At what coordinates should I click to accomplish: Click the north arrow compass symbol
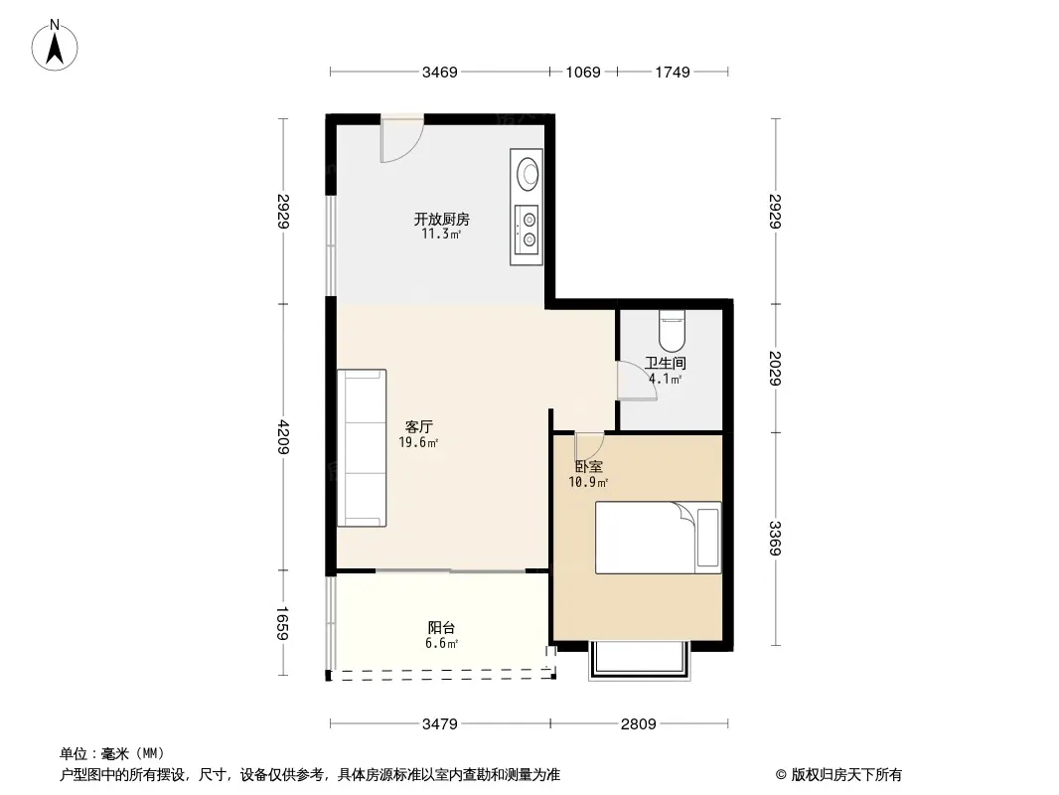pos(55,46)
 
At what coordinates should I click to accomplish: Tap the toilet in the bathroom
pos(672,328)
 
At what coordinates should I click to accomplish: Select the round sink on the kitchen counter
pos(528,172)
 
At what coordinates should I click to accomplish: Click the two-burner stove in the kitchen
pos(527,230)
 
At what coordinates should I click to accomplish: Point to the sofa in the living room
pos(362,448)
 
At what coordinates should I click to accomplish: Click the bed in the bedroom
pos(658,538)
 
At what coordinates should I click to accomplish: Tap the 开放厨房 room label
pos(442,219)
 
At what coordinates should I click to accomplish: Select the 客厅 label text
pos(419,427)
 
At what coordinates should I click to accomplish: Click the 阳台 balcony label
pos(442,627)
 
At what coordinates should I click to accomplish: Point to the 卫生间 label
pos(666,363)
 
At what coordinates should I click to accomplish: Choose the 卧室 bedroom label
pos(589,466)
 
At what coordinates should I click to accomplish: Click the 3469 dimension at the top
pos(440,72)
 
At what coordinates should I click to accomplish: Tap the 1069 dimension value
pos(583,72)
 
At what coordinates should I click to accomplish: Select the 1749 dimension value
pos(673,72)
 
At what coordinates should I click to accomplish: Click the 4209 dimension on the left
pos(283,437)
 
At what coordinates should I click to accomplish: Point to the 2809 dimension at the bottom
pos(638,724)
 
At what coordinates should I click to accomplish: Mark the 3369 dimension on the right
pos(775,539)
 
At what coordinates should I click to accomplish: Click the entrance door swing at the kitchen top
pos(402,140)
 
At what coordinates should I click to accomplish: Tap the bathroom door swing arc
pos(638,381)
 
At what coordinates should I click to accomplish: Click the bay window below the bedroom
pos(640,659)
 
